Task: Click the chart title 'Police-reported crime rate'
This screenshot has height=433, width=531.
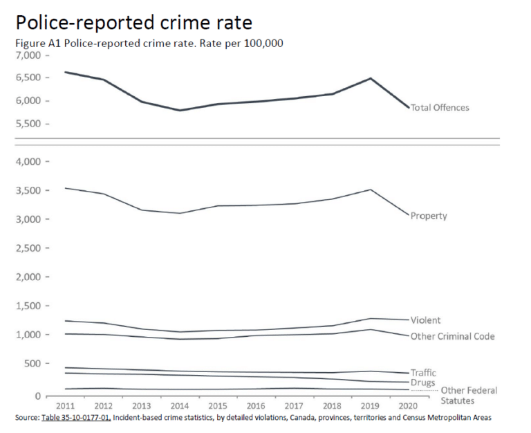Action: coord(133,22)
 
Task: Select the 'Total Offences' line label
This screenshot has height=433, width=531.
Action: coord(440,108)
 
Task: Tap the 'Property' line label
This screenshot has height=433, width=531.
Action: coord(429,216)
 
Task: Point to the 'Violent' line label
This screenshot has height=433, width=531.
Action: coord(425,320)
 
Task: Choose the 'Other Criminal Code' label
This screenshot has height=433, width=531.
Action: coord(452,336)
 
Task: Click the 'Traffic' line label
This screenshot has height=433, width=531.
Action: coord(423,373)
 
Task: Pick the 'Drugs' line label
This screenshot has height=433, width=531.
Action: coord(422,383)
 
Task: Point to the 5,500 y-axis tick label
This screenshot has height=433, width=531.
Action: coord(28,125)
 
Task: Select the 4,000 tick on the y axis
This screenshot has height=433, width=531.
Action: coord(28,162)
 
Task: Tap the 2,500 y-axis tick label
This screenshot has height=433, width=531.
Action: coord(28,248)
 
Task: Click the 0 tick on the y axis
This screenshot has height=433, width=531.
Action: coord(38,396)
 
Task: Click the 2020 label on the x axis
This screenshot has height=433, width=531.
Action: coord(408,407)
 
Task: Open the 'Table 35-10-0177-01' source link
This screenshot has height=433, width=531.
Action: coord(75,418)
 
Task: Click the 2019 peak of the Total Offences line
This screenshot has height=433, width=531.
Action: coord(371,78)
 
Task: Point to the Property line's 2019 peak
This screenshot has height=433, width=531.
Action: coord(371,190)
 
